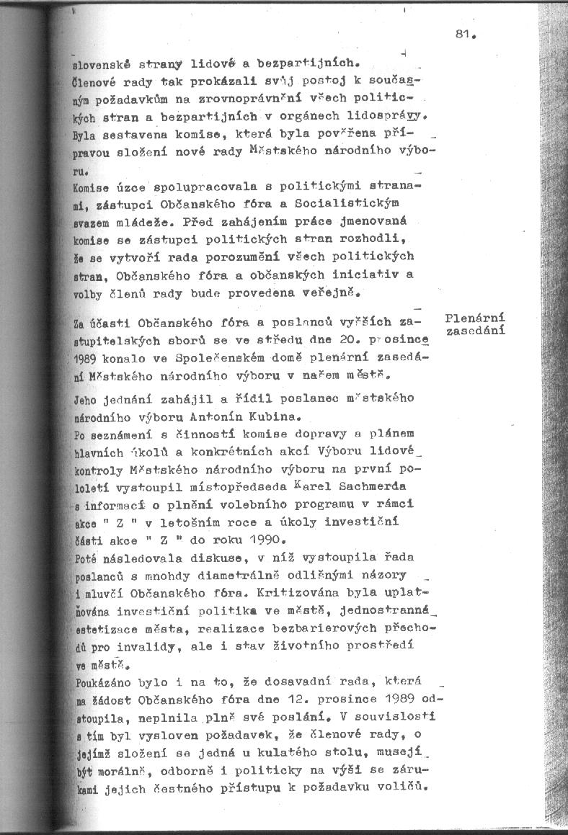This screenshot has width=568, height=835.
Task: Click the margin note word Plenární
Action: [x=475, y=318]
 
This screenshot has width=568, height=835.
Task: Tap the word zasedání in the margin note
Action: [x=476, y=331]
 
